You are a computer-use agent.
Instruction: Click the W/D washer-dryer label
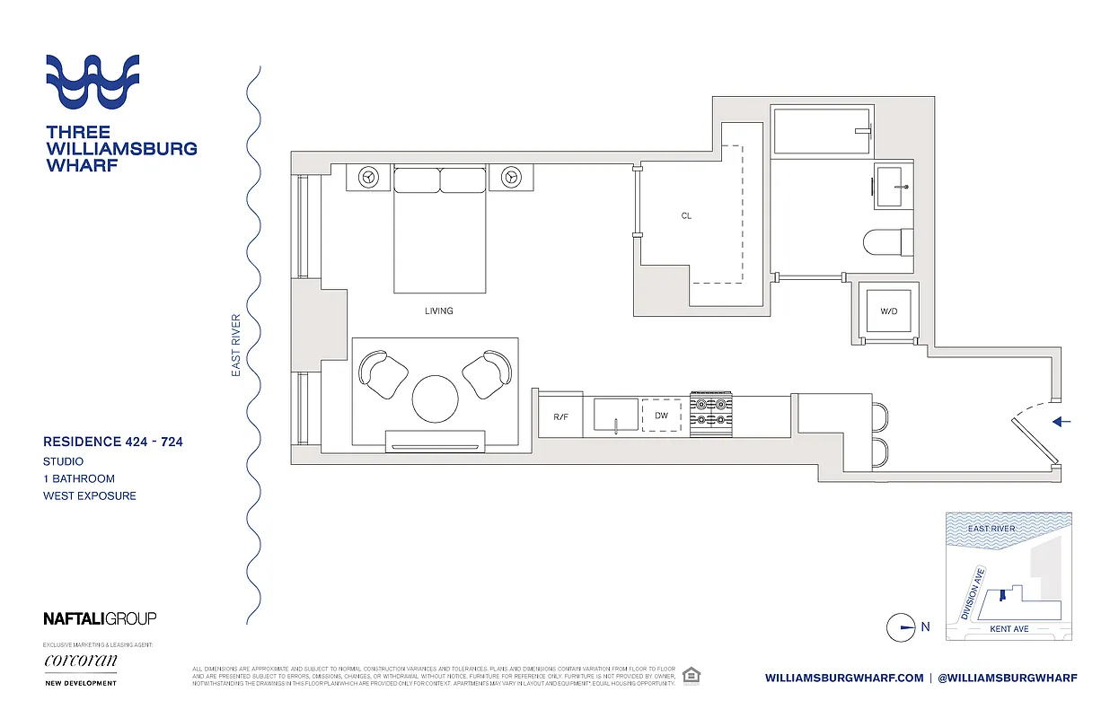pyautogui.click(x=887, y=311)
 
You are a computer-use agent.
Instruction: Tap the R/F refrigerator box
pyautogui.click(x=560, y=416)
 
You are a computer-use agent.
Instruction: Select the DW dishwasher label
pyautogui.click(x=662, y=416)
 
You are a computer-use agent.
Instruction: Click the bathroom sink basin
pyautogui.click(x=893, y=187)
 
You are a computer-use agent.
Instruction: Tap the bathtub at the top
pyautogui.click(x=822, y=131)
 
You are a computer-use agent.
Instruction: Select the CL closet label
pyautogui.click(x=686, y=216)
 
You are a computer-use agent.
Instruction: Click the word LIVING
pyautogui.click(x=439, y=311)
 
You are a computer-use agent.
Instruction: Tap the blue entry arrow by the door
pyautogui.click(x=1062, y=421)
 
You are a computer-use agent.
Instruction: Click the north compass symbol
pyautogui.click(x=901, y=627)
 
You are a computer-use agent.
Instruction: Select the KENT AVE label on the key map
pyautogui.click(x=1009, y=629)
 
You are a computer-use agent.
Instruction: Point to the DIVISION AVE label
pyautogui.click(x=973, y=594)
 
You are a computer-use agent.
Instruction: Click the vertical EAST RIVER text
pyautogui.click(x=236, y=344)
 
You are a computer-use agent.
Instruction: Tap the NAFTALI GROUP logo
pyautogui.click(x=100, y=618)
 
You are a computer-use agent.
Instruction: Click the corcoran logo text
pyautogui.click(x=80, y=661)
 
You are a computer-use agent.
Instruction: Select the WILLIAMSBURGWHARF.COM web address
pyautogui.click(x=844, y=678)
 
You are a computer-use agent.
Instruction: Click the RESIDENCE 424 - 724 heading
pyautogui.click(x=113, y=442)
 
